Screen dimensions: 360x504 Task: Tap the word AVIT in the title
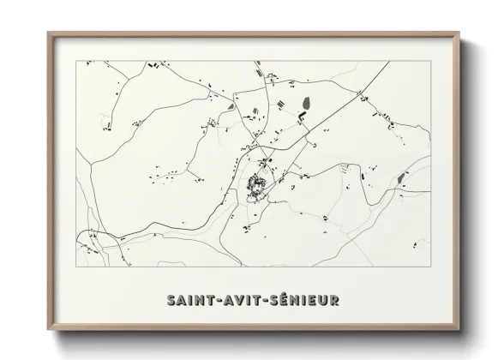[x=243, y=300]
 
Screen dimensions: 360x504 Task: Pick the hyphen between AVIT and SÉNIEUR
[x=267, y=300]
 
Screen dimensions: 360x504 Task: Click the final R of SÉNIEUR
[x=333, y=300]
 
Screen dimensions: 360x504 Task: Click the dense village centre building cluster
[x=256, y=183]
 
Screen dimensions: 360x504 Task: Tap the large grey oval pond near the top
[x=304, y=106]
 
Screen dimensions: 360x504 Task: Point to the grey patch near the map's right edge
[x=401, y=177]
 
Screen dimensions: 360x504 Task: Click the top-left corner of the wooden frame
[x=49, y=33]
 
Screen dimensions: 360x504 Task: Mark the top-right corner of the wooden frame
[x=461, y=33]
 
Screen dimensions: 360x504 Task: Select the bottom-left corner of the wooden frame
[x=49, y=330]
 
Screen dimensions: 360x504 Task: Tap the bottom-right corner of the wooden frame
[x=461, y=330]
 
